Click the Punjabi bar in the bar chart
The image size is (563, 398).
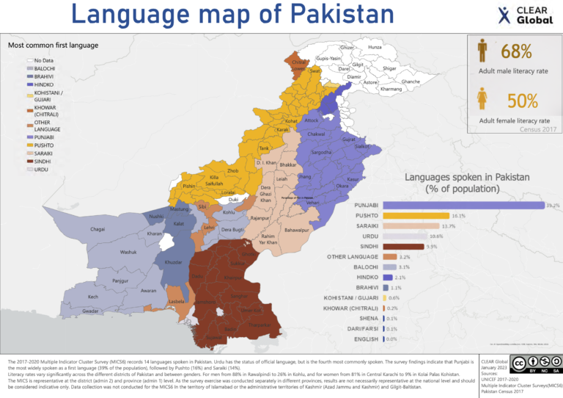(x=462, y=206)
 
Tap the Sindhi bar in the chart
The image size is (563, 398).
(x=402, y=247)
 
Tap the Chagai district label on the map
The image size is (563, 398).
(x=97, y=230)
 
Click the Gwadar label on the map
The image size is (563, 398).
(x=91, y=311)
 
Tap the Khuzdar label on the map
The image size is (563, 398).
(x=174, y=262)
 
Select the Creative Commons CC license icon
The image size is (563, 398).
(x=519, y=364)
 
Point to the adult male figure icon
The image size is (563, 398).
(x=483, y=51)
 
